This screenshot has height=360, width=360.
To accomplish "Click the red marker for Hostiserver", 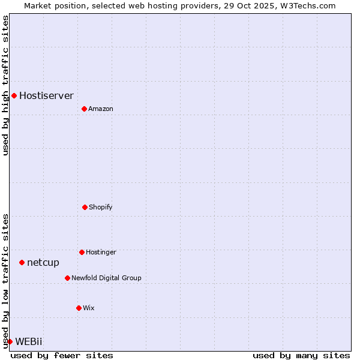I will pyautogui.click(x=14, y=95).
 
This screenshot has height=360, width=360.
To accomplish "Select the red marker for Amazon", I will pyautogui.click(x=84, y=109).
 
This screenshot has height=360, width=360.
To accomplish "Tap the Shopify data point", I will pyautogui.click(x=85, y=207).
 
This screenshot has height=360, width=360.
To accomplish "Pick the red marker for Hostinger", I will pyautogui.click(x=82, y=252).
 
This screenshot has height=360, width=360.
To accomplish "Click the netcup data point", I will pyautogui.click(x=22, y=262).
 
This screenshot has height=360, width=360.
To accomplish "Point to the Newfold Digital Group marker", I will pyautogui.click(x=67, y=278).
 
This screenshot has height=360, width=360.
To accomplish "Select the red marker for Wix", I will pyautogui.click(x=79, y=308).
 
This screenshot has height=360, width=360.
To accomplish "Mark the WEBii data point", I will pyautogui.click(x=10, y=341).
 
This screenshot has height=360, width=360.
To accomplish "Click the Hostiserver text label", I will pyautogui.click(x=46, y=95).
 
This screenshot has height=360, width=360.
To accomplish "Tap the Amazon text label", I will pyautogui.click(x=101, y=109).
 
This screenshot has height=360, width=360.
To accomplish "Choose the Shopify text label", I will pyautogui.click(x=101, y=207).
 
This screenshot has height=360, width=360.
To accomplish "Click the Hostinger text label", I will pyautogui.click(x=101, y=252).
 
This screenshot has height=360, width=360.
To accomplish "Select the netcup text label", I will pyautogui.click(x=43, y=262).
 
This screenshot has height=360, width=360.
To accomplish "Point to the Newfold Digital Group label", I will pyautogui.click(x=106, y=278).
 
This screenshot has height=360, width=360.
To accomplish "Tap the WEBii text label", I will pyautogui.click(x=29, y=341).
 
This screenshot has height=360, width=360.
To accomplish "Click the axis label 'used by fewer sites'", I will pyautogui.click(x=62, y=355).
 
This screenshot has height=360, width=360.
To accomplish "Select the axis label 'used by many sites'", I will pyautogui.click(x=301, y=355).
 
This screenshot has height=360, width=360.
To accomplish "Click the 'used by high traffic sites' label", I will pyautogui.click(x=5, y=85).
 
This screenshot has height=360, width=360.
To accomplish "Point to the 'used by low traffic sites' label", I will pyautogui.click(x=5, y=280).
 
